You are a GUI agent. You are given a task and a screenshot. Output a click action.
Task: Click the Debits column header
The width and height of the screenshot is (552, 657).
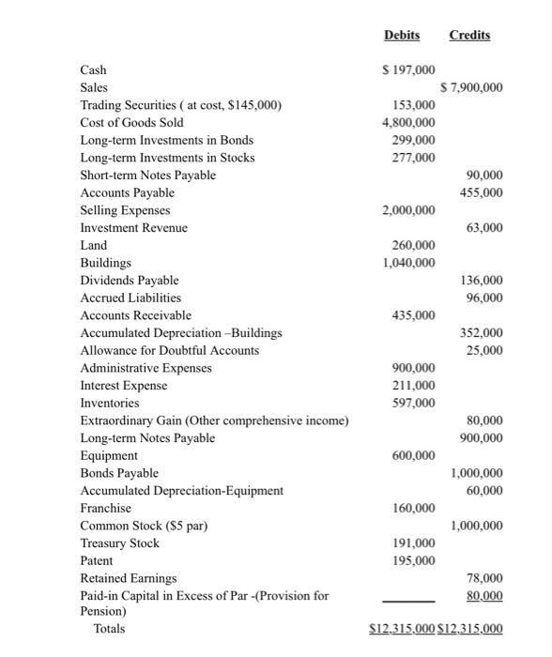coord(402,35)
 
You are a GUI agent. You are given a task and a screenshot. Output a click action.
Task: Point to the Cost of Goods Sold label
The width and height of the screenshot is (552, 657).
coord(132,123)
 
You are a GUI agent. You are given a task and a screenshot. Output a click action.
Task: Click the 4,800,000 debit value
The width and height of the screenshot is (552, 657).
coord(407,123)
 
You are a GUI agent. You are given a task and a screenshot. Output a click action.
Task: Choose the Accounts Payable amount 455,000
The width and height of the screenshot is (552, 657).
coord(483,192)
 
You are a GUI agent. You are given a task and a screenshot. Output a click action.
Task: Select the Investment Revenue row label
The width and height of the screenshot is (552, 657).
coord(134,228)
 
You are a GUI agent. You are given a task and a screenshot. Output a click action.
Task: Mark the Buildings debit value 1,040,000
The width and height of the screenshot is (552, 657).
coord(407,263)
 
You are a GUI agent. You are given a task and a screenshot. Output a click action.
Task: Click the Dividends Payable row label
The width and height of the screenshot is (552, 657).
coord(130,281)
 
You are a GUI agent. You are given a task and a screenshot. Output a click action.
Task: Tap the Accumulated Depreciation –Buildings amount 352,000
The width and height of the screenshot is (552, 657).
coord(483,333)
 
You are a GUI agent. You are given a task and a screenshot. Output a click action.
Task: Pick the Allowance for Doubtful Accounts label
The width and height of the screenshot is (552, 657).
coord(170,350)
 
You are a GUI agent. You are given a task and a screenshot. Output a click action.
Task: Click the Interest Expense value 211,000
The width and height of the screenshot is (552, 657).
coord(413,386)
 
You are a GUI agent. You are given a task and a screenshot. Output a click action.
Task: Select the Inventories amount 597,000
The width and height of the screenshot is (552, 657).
coord(413,403)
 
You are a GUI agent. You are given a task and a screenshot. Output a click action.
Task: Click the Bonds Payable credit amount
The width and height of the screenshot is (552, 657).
coord(476,473)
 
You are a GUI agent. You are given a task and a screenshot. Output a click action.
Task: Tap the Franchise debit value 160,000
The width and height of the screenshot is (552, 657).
coord(413,508)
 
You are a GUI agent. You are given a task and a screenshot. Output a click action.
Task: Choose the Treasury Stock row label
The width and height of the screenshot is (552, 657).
coord(120,543)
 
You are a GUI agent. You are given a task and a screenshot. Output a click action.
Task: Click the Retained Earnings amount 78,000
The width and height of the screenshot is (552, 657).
coord(485,578)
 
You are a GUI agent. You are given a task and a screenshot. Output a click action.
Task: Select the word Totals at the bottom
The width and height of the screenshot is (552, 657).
coord(109,628)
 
